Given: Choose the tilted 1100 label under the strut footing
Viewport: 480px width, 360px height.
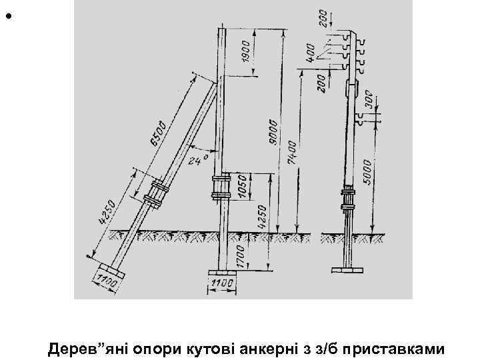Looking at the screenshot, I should [x=107, y=283].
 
